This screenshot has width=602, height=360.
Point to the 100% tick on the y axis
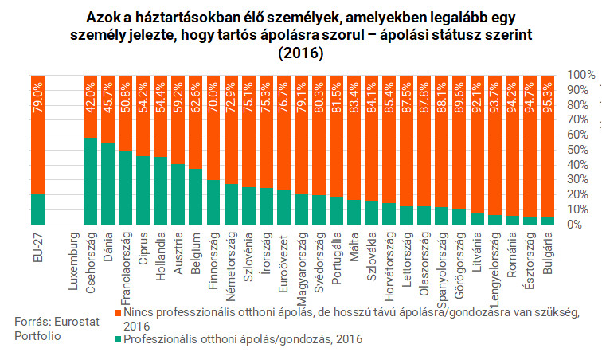(x=577, y=74)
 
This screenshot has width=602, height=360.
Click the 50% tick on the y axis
(x=577, y=149)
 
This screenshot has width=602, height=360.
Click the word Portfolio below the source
(x=37, y=336)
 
